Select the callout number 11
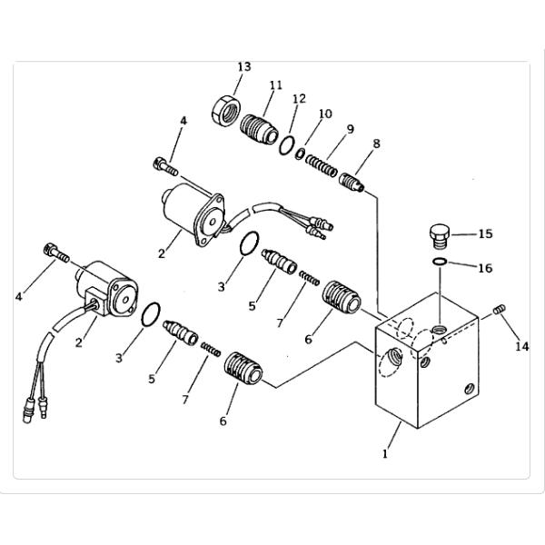click(x=276, y=85)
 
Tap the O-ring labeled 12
click(x=287, y=145)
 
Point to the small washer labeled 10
click(x=301, y=154)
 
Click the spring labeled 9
click(x=322, y=166)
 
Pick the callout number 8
click(x=376, y=144)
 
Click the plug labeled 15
click(x=440, y=235)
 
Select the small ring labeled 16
click(x=440, y=262)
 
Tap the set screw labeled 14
click(x=500, y=309)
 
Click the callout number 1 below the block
click(x=385, y=454)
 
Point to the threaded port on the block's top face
click(x=438, y=329)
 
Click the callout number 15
click(x=486, y=234)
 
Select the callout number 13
click(x=244, y=66)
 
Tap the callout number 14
click(x=522, y=346)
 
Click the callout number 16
click(x=486, y=268)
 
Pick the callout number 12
click(x=299, y=99)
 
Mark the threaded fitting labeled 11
click(x=259, y=129)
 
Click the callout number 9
click(x=351, y=129)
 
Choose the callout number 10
click(x=325, y=114)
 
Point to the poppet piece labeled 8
click(x=352, y=183)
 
